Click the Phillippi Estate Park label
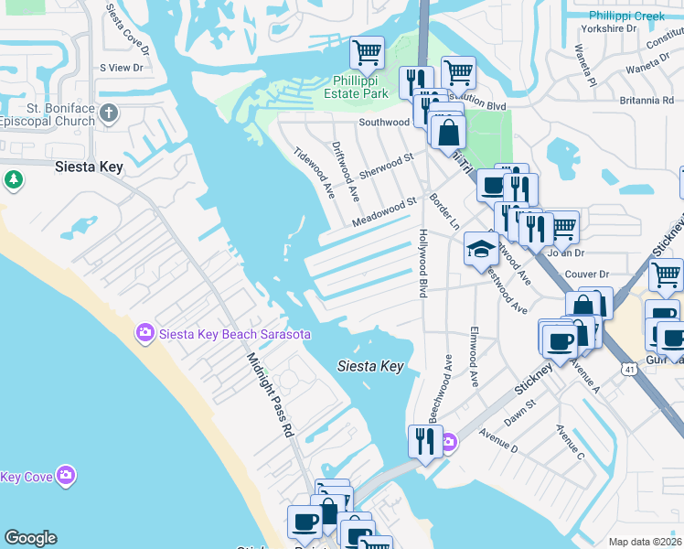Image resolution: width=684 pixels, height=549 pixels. [x=357, y=86]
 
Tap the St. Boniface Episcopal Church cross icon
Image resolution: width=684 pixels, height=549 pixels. [x=109, y=113]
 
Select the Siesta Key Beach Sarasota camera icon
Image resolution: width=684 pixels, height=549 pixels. [x=144, y=334]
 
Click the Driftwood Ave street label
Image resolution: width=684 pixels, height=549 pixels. [x=347, y=170]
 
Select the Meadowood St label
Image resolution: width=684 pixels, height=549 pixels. [x=384, y=212]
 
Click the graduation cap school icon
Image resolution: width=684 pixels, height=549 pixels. [x=481, y=247]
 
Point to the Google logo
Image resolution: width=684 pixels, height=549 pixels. [x=30, y=538]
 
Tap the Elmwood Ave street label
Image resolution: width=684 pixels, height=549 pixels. [x=474, y=357]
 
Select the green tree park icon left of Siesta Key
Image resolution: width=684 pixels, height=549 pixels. [x=13, y=179]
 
